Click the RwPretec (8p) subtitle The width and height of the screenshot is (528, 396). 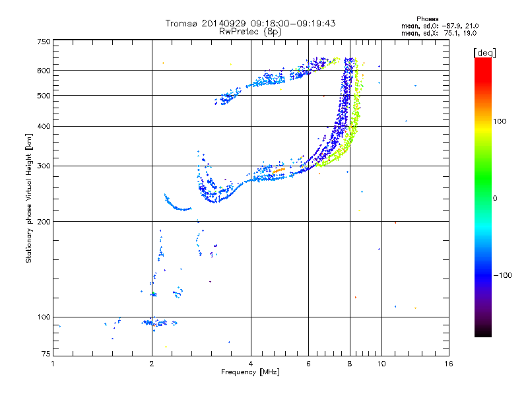pyautogui.click(x=250, y=32)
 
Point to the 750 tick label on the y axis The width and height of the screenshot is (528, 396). pyautogui.click(x=44, y=42)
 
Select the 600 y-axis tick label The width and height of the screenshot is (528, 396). pyautogui.click(x=44, y=71)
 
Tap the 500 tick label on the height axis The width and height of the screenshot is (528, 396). pyautogui.click(x=44, y=95)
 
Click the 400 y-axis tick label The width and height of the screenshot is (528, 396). pyautogui.click(x=44, y=126)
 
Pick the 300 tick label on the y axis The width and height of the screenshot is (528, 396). pyautogui.click(x=44, y=166)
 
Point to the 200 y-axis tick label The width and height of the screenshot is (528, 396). pyautogui.click(x=44, y=222)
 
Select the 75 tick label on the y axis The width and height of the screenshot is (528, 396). pyautogui.click(x=46, y=354)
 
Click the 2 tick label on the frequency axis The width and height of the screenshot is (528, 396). pyautogui.click(x=152, y=364)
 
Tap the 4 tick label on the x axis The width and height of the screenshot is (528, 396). pyautogui.click(x=251, y=364)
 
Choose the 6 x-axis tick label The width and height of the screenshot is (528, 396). pyautogui.click(x=308, y=364)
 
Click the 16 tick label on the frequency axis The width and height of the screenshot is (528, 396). pyautogui.click(x=449, y=364)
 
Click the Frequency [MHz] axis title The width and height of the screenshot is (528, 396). pyautogui.click(x=250, y=372)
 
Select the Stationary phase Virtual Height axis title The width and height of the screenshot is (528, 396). pyautogui.click(x=29, y=198)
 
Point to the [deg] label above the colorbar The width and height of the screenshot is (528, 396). pyautogui.click(x=484, y=53)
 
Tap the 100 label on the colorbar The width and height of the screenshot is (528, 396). pyautogui.click(x=500, y=121)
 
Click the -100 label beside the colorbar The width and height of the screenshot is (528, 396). pyautogui.click(x=503, y=275)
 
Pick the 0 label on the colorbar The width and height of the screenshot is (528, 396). pyautogui.click(x=495, y=198)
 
